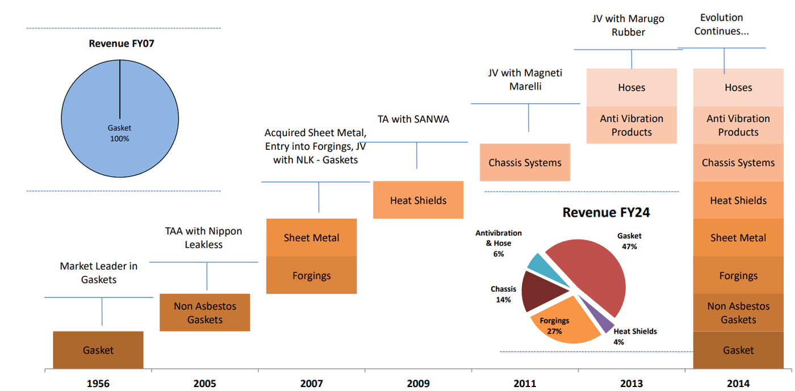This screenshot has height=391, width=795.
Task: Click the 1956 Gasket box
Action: [98, 350]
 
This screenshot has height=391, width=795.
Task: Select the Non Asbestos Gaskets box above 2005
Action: [204, 313]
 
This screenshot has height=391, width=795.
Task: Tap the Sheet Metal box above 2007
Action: [311, 238]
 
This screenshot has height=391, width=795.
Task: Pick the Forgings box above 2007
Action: [311, 276]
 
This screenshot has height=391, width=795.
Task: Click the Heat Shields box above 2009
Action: [418, 200]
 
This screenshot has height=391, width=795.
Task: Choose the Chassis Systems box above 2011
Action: [525, 163]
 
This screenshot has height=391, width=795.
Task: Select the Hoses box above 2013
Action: [631, 87]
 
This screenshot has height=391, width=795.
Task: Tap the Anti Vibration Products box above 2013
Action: [631, 125]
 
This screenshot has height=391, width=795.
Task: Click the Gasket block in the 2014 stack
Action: [738, 350]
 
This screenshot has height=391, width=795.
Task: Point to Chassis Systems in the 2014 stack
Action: [738, 163]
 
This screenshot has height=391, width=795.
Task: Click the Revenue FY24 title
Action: [606, 213]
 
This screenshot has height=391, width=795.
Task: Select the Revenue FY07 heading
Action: [122, 43]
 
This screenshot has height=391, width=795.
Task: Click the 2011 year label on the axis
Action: [525, 384]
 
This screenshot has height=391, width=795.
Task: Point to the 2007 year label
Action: [311, 384]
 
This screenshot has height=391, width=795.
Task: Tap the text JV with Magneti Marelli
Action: [525, 79]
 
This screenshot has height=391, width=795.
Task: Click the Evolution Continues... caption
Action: [721, 24]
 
